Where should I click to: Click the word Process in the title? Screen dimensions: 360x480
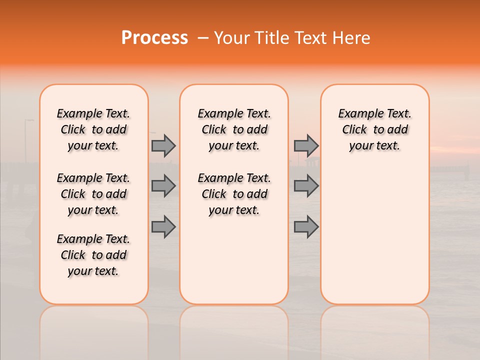[154, 38]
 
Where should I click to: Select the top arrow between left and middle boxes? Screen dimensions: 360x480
[163, 145]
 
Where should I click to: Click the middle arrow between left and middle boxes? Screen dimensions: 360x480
[163, 186]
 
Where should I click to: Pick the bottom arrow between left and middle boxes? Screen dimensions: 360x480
[163, 226]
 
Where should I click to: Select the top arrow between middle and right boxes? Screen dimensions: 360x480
[306, 145]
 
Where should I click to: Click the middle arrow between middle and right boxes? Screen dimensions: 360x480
[306, 186]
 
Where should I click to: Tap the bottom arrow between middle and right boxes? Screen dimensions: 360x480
[306, 226]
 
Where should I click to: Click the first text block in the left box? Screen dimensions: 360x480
[93, 129]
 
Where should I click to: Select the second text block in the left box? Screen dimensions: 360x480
[93, 194]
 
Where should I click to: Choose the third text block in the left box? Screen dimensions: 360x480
[93, 255]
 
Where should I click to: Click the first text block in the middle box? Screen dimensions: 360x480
[234, 129]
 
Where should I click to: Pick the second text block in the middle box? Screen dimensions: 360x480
[234, 194]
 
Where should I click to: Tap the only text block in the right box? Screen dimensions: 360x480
[374, 129]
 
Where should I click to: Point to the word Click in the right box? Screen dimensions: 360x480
[354, 130]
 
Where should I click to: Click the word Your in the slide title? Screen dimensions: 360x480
[231, 38]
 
